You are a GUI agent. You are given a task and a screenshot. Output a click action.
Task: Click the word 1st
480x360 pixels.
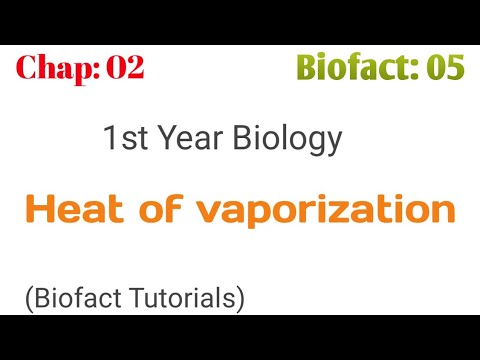tap(124, 139)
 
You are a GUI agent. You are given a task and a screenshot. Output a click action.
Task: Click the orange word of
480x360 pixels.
tap(151, 210)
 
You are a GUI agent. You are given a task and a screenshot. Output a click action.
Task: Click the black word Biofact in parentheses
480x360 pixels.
tap(71, 298)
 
